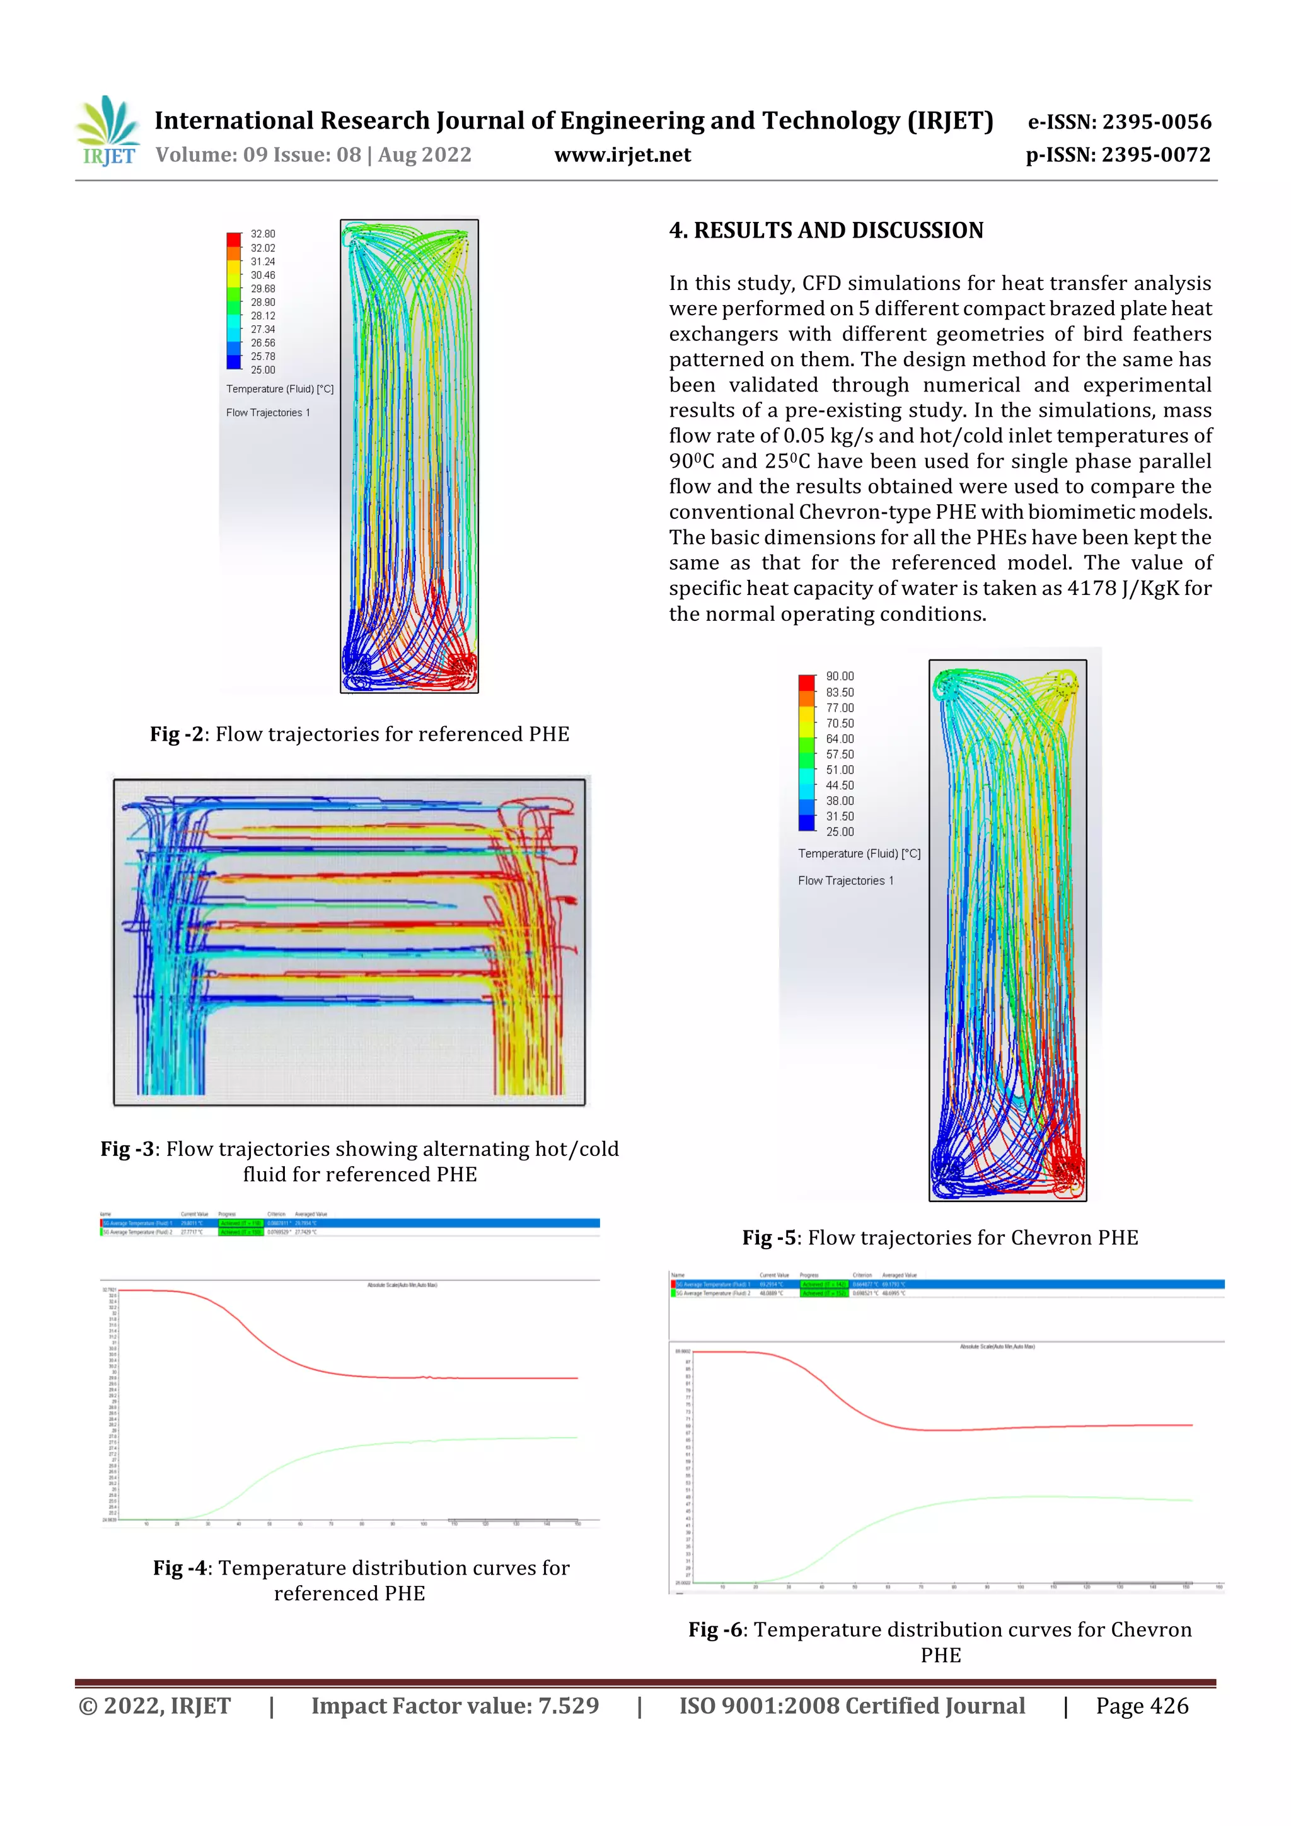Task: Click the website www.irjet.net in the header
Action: click(x=622, y=155)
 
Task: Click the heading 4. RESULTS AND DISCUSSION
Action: click(x=826, y=231)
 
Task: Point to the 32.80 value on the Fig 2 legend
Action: click(x=262, y=234)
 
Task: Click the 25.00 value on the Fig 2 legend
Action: click(x=262, y=370)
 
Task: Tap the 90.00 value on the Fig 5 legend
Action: click(x=839, y=676)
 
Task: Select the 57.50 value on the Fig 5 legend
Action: click(x=839, y=754)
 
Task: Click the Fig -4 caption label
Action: click(x=180, y=1568)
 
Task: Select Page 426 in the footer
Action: click(x=1142, y=1706)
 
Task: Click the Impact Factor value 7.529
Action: click(x=568, y=1706)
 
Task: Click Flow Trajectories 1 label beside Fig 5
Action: click(x=845, y=881)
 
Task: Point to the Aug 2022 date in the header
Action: click(x=424, y=155)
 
